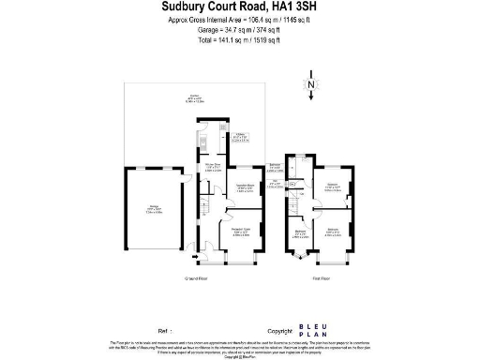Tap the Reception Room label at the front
pos(240,231)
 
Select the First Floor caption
pos(322,278)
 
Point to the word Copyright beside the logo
pos(280,331)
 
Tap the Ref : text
pos(165,331)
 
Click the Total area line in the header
pos(239,40)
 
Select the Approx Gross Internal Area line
pos(239,20)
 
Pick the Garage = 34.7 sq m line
pos(239,30)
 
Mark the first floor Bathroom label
pos(277,167)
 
